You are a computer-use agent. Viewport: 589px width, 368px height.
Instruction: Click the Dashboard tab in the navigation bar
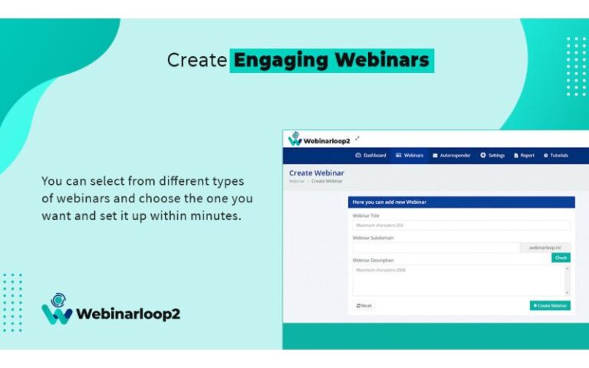(x=370, y=155)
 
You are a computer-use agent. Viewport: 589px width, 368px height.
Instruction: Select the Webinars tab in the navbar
(x=410, y=155)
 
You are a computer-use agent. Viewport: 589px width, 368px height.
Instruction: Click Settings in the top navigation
(x=492, y=155)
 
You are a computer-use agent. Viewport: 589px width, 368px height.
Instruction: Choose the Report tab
(x=524, y=155)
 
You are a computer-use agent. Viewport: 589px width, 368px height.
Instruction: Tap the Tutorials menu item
(x=556, y=155)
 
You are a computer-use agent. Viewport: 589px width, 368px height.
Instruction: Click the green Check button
(x=561, y=258)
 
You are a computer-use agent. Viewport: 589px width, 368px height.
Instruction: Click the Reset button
(x=364, y=305)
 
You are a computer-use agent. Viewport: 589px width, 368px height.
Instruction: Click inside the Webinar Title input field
(x=461, y=225)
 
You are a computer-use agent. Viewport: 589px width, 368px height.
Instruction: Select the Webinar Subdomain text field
(x=436, y=248)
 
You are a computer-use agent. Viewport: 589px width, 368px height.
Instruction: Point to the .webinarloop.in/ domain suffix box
(x=545, y=248)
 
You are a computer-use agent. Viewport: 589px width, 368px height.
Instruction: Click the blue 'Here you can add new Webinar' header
(x=461, y=202)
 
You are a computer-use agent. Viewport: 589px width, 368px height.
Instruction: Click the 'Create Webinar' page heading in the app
(x=317, y=173)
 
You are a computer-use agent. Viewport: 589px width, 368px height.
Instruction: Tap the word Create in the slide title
(x=197, y=60)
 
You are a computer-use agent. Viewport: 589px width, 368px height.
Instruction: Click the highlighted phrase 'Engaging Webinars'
(x=331, y=60)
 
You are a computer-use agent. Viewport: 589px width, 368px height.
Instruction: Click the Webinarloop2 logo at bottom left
(x=110, y=310)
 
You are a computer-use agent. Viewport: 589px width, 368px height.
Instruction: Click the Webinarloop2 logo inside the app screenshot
(x=319, y=140)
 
